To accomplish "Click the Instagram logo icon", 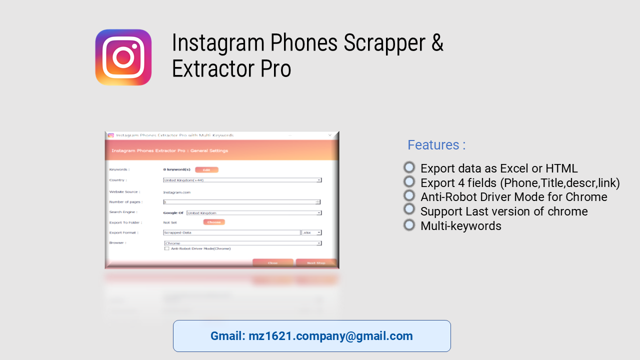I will pyautogui.click(x=123, y=57).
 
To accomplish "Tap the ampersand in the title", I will pyautogui.click(x=437, y=43).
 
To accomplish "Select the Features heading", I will pyautogui.click(x=436, y=145).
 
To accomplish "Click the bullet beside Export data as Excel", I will pyautogui.click(x=409, y=167).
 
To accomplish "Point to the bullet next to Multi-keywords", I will pyautogui.click(x=409, y=225).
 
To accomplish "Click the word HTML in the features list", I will pyautogui.click(x=558, y=168).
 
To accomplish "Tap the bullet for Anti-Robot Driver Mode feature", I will pyautogui.click(x=409, y=196).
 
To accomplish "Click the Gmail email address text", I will pyautogui.click(x=311, y=336).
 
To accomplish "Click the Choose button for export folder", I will pyautogui.click(x=213, y=222).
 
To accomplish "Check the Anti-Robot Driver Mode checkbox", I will pyautogui.click(x=167, y=248).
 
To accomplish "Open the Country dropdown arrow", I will pyautogui.click(x=318, y=180).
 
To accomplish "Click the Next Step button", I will pyautogui.click(x=316, y=263).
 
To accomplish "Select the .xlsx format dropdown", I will pyautogui.click(x=311, y=232).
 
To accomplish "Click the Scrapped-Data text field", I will pyautogui.click(x=231, y=232).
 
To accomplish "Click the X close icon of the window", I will pyautogui.click(x=329, y=135).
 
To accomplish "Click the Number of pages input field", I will pyautogui.click(x=240, y=202).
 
